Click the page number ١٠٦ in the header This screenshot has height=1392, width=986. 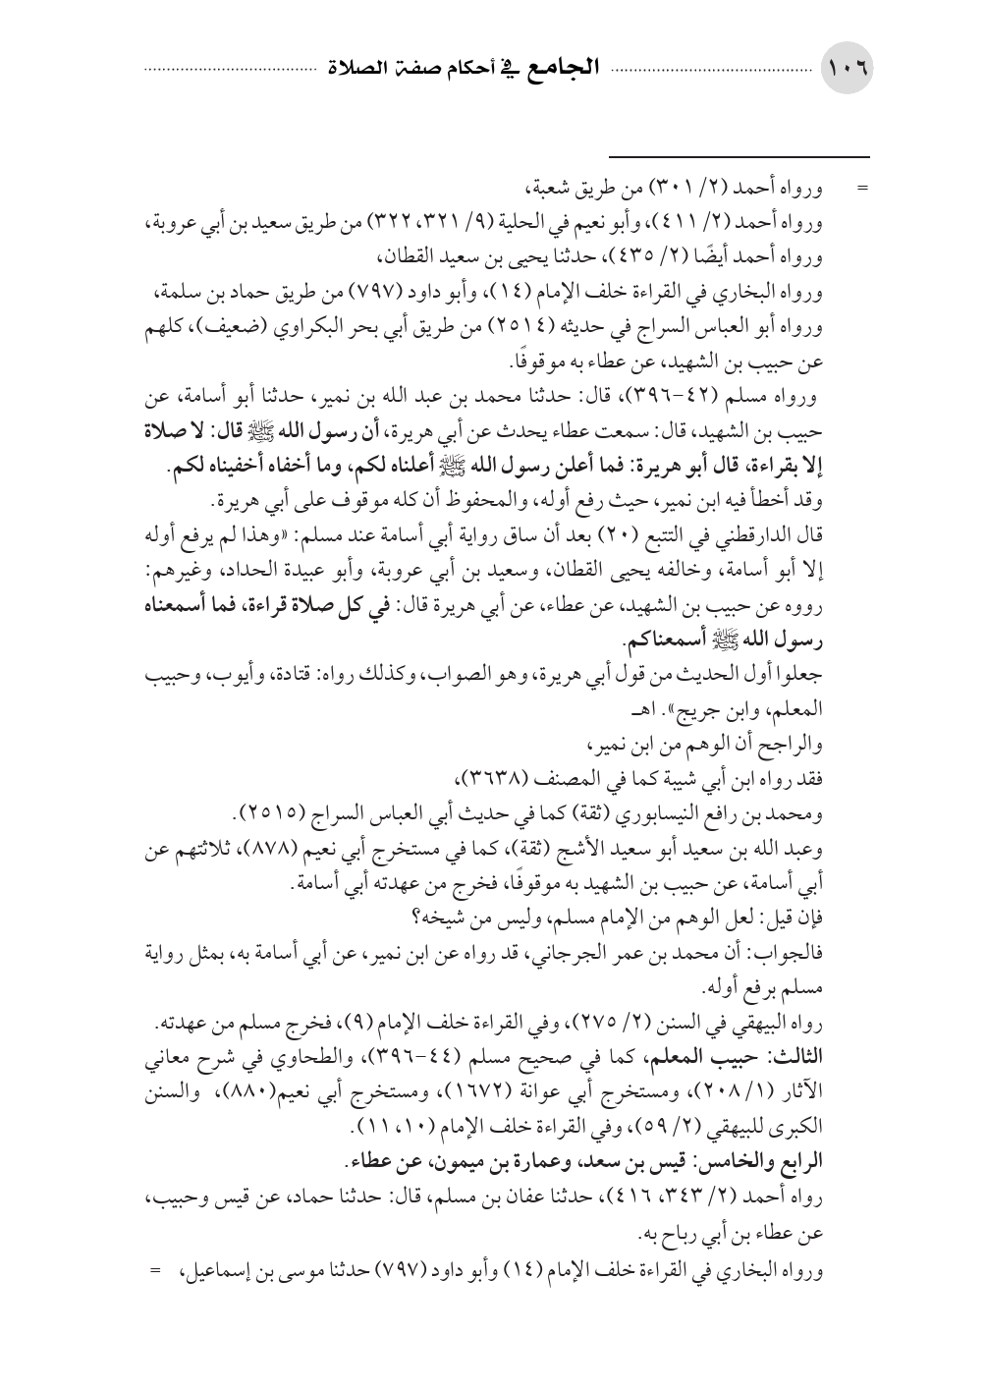(x=848, y=72)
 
